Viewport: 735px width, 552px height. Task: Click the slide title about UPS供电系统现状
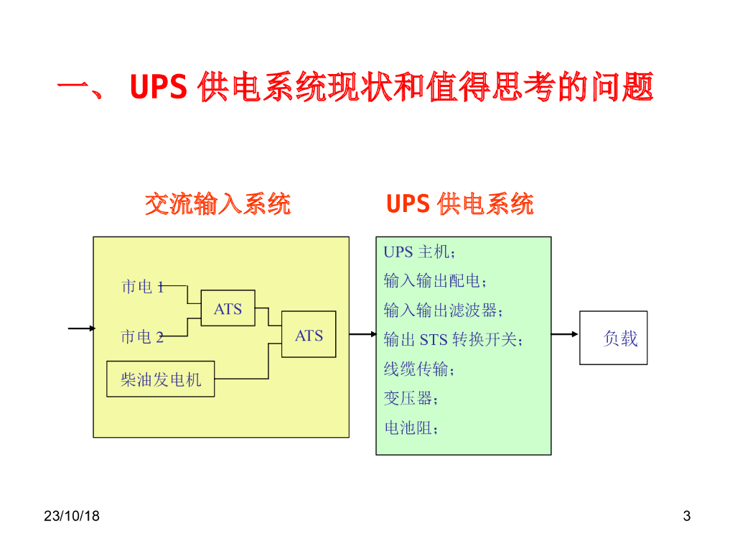355,88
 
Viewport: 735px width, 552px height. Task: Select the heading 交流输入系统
217,204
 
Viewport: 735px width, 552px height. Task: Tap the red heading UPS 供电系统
459,204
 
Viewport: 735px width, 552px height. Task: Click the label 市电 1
143,287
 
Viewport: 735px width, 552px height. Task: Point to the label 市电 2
143,337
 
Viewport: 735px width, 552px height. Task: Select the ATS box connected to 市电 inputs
228,309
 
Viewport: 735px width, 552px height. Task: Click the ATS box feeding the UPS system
309,335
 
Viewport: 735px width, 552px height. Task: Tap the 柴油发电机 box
161,379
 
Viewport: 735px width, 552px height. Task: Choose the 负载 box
614,338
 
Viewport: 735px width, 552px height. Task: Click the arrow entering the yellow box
82,328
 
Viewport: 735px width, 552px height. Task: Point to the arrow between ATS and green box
362,334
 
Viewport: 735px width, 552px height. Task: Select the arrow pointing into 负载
565,334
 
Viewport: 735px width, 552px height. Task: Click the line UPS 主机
419,252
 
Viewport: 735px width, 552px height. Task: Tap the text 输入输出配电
435,281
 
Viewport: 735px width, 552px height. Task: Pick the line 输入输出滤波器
443,310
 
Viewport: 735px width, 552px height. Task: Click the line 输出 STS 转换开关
453,340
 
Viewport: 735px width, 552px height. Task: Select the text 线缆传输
419,369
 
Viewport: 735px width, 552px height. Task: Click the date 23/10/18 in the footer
71,516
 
